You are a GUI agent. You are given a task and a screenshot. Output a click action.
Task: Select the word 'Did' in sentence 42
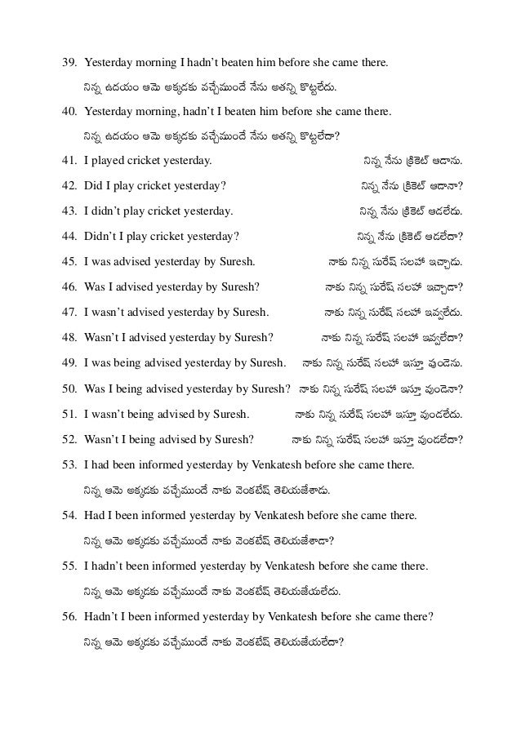coord(94,188)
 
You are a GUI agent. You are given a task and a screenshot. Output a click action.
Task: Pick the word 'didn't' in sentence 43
coord(109,213)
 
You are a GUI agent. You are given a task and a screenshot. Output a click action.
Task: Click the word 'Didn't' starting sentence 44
coord(100,238)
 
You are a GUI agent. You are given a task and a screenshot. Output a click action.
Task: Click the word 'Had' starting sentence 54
coord(94,516)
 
